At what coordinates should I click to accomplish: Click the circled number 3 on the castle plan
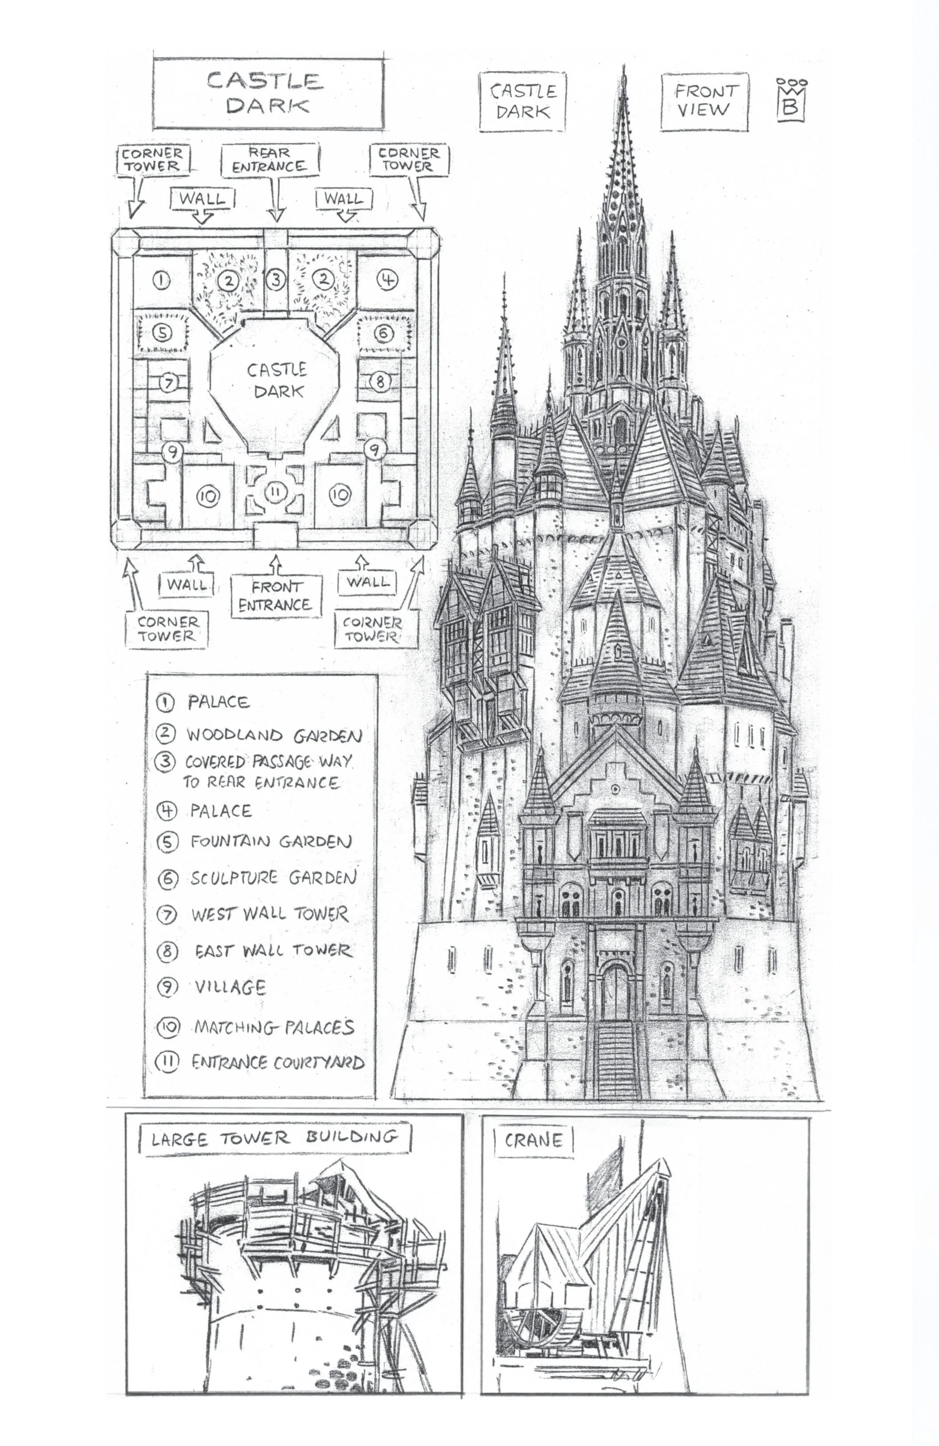point(276,280)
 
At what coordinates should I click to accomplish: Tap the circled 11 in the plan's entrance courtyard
point(275,491)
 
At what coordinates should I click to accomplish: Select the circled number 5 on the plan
point(162,332)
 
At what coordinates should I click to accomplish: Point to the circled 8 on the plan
point(380,382)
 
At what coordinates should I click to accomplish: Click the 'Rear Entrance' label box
point(269,159)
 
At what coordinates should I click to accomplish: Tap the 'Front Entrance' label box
point(275,596)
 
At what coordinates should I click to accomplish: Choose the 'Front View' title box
point(704,101)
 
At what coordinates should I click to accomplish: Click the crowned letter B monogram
point(791,100)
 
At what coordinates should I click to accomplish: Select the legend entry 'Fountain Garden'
point(270,842)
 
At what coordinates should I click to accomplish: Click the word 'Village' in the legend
point(230,987)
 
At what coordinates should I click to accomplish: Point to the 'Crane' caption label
point(533,1140)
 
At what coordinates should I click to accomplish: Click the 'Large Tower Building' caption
point(275,1138)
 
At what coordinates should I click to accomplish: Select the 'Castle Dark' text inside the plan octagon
point(277,380)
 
